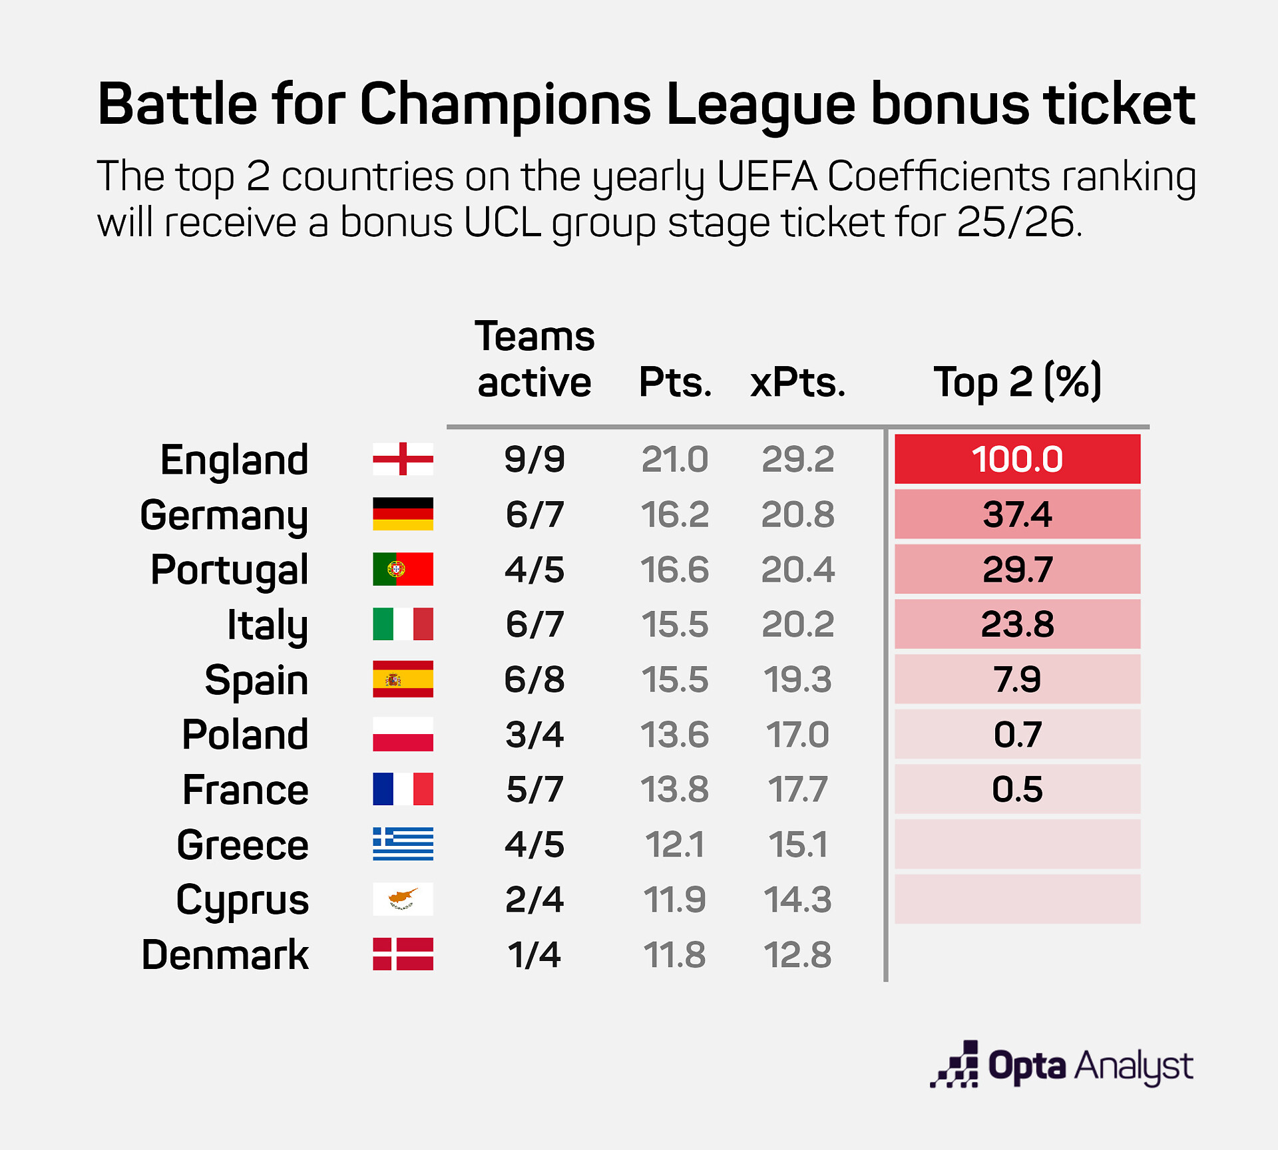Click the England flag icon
tap(403, 459)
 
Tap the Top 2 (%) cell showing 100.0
tap(1017, 459)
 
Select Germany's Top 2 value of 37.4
tap(1017, 514)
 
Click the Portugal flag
tap(403, 569)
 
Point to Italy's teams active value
tap(534, 624)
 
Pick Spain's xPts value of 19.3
tap(797, 679)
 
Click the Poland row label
tap(245, 735)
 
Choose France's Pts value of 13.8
tap(674, 790)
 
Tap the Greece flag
tap(403, 844)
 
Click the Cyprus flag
tap(403, 899)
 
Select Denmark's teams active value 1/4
tap(534, 955)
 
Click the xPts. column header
tap(797, 383)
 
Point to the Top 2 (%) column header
tap(1017, 383)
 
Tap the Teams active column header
tap(534, 359)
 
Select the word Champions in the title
tap(506, 104)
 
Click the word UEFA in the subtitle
tap(767, 177)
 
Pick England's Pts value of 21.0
tap(674, 459)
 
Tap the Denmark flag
tap(403, 954)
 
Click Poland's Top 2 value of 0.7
tap(1017, 735)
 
